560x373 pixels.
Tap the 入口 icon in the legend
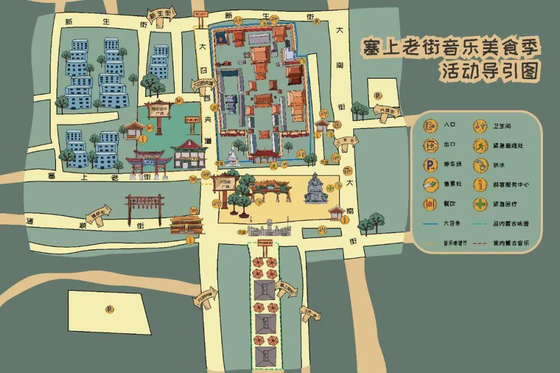(430, 125)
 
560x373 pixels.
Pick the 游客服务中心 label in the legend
(512, 184)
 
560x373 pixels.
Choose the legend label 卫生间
(502, 125)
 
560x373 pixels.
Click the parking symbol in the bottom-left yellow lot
(109, 309)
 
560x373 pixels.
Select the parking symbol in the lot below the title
(379, 95)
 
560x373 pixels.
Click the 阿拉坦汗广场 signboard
(158, 111)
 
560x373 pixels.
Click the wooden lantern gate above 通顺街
(145, 205)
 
